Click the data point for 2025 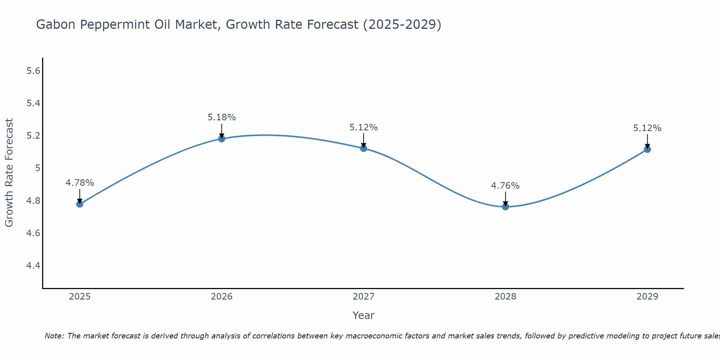pos(80,204)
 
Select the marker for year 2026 pos(221,139)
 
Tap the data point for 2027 pos(364,148)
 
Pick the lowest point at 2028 pos(505,207)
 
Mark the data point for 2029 pos(647,149)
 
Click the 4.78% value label pos(80,183)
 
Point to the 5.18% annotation pos(221,117)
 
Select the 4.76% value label pos(505,186)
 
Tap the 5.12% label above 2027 pos(364,127)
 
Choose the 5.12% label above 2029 pos(647,128)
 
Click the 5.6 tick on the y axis pos(33,71)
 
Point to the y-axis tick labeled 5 pos(37,168)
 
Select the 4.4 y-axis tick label pos(33,266)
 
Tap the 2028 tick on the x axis pos(505,297)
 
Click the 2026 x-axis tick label pos(221,297)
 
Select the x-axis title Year pos(364,315)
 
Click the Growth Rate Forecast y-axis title pos(9,173)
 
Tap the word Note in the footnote pos(53,336)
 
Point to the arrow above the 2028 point pos(505,199)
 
